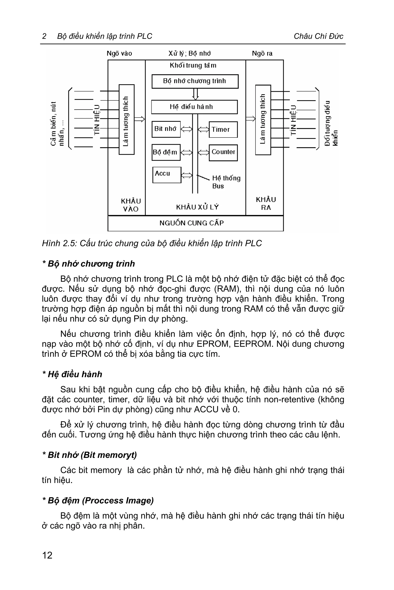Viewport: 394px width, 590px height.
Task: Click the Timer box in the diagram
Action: [x=223, y=130]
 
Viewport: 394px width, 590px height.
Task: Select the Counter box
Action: [x=223, y=152]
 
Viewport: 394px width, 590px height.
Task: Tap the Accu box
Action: [x=167, y=175]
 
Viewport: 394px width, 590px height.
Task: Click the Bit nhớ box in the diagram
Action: [x=166, y=129]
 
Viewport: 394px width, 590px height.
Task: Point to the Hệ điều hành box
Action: [x=194, y=107]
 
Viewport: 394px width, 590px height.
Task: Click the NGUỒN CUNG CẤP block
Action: [x=195, y=223]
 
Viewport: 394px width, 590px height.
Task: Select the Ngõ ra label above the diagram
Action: [x=262, y=53]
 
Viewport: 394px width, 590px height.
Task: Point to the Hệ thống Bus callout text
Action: [x=226, y=182]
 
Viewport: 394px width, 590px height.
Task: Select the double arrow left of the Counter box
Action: [x=203, y=152]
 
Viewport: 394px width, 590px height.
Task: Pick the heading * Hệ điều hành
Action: [x=72, y=374]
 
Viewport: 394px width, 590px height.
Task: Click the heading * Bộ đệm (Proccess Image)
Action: [x=98, y=500]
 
